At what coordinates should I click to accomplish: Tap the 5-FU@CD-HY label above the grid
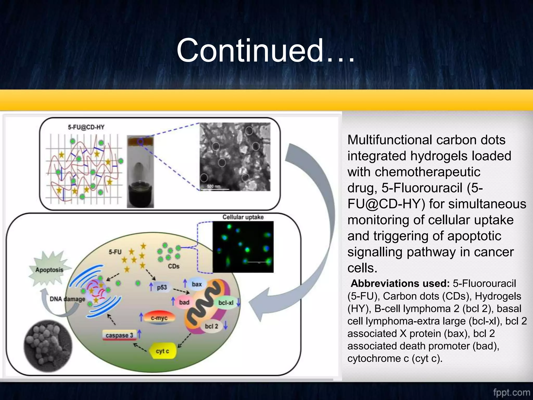click(86, 127)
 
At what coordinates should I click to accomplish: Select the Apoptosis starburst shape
click(49, 269)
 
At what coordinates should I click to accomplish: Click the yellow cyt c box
click(163, 351)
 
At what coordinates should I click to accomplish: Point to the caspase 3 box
click(119, 335)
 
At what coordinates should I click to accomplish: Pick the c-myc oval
click(159, 318)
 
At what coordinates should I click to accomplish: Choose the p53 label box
click(162, 287)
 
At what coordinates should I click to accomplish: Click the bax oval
click(197, 284)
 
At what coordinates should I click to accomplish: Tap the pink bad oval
click(184, 302)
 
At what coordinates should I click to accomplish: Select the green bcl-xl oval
click(226, 303)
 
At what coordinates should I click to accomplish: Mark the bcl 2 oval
click(211, 326)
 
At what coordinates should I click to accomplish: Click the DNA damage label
click(67, 299)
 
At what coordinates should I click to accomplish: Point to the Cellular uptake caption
click(243, 217)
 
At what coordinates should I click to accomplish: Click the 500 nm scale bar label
click(214, 186)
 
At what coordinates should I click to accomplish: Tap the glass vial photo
click(140, 172)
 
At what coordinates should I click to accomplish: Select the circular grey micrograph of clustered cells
click(48, 346)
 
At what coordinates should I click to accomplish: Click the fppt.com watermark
click(511, 392)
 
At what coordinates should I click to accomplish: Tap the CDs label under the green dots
click(174, 266)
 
